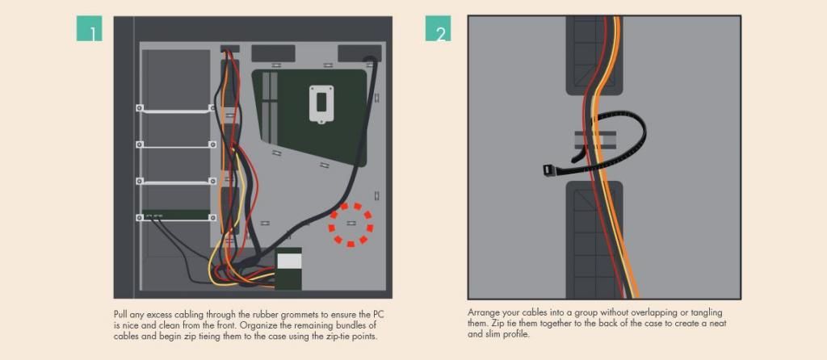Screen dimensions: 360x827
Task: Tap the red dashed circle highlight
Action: coord(351,225)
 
